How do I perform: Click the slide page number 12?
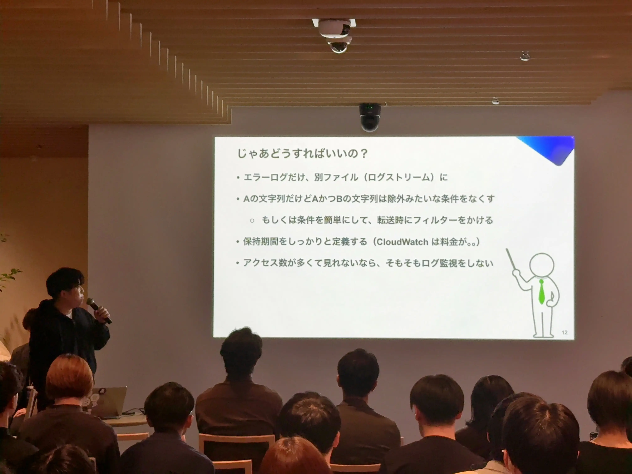pos(564,332)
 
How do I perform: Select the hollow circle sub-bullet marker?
pos(252,221)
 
